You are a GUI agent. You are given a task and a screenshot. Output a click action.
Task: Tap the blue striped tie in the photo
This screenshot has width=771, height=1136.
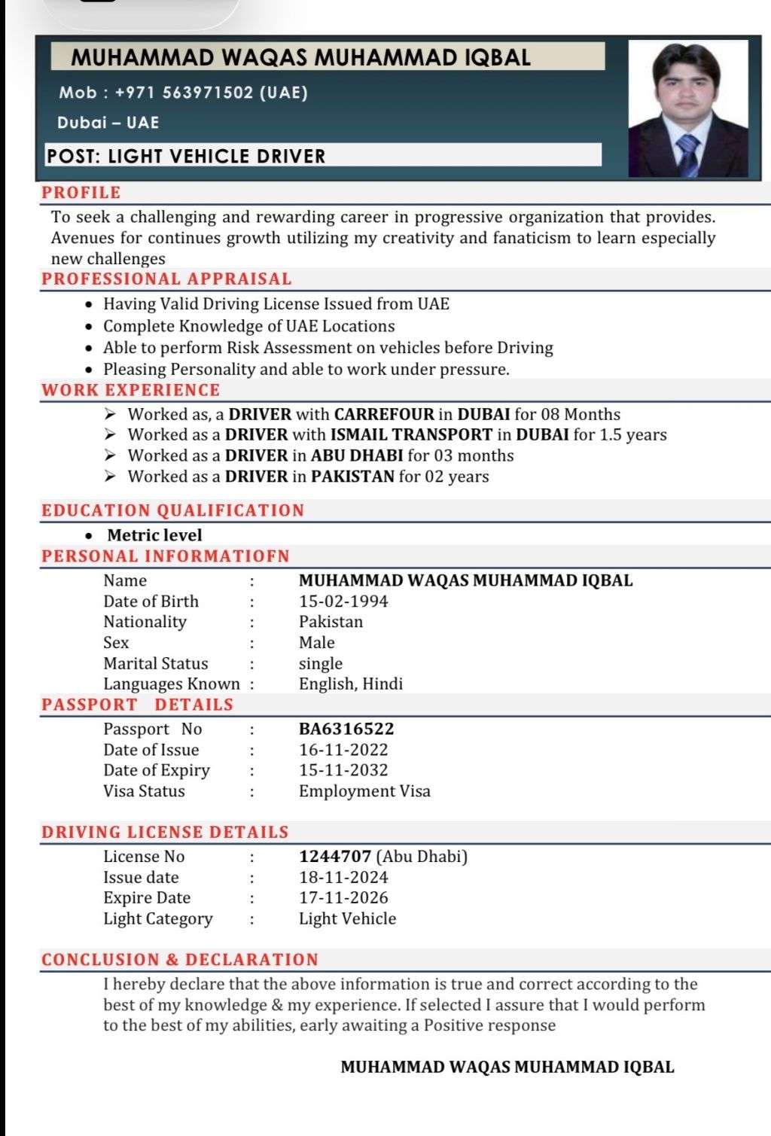pyautogui.click(x=688, y=154)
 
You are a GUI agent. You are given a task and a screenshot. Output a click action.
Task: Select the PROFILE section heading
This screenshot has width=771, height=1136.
pyautogui.click(x=81, y=193)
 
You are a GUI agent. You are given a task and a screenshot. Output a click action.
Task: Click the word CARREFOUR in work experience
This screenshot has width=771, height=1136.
pyautogui.click(x=384, y=414)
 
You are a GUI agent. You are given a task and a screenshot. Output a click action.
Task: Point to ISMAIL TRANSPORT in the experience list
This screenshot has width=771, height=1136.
pyautogui.click(x=411, y=434)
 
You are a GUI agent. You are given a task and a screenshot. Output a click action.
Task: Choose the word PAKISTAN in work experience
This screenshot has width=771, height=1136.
pyautogui.click(x=352, y=477)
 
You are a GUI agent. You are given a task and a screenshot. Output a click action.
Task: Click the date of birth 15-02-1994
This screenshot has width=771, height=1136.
pyautogui.click(x=343, y=602)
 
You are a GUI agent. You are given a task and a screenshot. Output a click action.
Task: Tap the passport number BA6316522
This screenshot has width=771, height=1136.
pyautogui.click(x=346, y=729)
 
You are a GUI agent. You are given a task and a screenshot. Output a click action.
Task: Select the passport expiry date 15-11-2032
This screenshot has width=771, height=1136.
pyautogui.click(x=343, y=770)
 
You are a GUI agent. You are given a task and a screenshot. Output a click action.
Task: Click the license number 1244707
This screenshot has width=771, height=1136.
pyautogui.click(x=335, y=857)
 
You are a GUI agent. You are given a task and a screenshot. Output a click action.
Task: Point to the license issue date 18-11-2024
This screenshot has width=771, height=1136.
pyautogui.click(x=343, y=878)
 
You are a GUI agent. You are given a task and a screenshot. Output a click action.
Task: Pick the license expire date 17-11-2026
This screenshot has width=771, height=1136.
pyautogui.click(x=343, y=898)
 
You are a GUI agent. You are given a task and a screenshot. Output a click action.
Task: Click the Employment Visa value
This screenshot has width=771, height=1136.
pyautogui.click(x=364, y=791)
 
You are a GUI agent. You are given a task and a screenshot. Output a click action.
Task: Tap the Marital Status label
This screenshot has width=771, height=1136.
pyautogui.click(x=156, y=664)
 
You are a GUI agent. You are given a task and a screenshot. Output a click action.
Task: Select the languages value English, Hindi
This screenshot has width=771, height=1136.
pyautogui.click(x=351, y=684)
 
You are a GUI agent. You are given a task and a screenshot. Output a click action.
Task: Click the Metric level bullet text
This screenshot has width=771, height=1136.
pyautogui.click(x=154, y=535)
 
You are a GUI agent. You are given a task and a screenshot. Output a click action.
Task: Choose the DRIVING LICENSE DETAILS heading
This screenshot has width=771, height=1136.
pyautogui.click(x=165, y=833)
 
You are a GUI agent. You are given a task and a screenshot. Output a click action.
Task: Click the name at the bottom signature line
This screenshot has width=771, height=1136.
pyautogui.click(x=507, y=1067)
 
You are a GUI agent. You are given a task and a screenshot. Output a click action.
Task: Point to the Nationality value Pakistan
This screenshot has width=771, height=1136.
pyautogui.click(x=331, y=622)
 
